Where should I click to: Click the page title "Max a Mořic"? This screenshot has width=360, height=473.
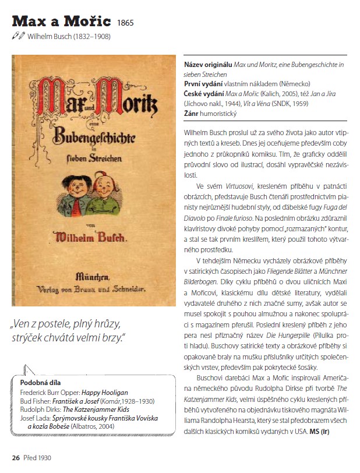click(x=61, y=22)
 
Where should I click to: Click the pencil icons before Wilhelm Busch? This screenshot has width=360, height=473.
click(x=19, y=36)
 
